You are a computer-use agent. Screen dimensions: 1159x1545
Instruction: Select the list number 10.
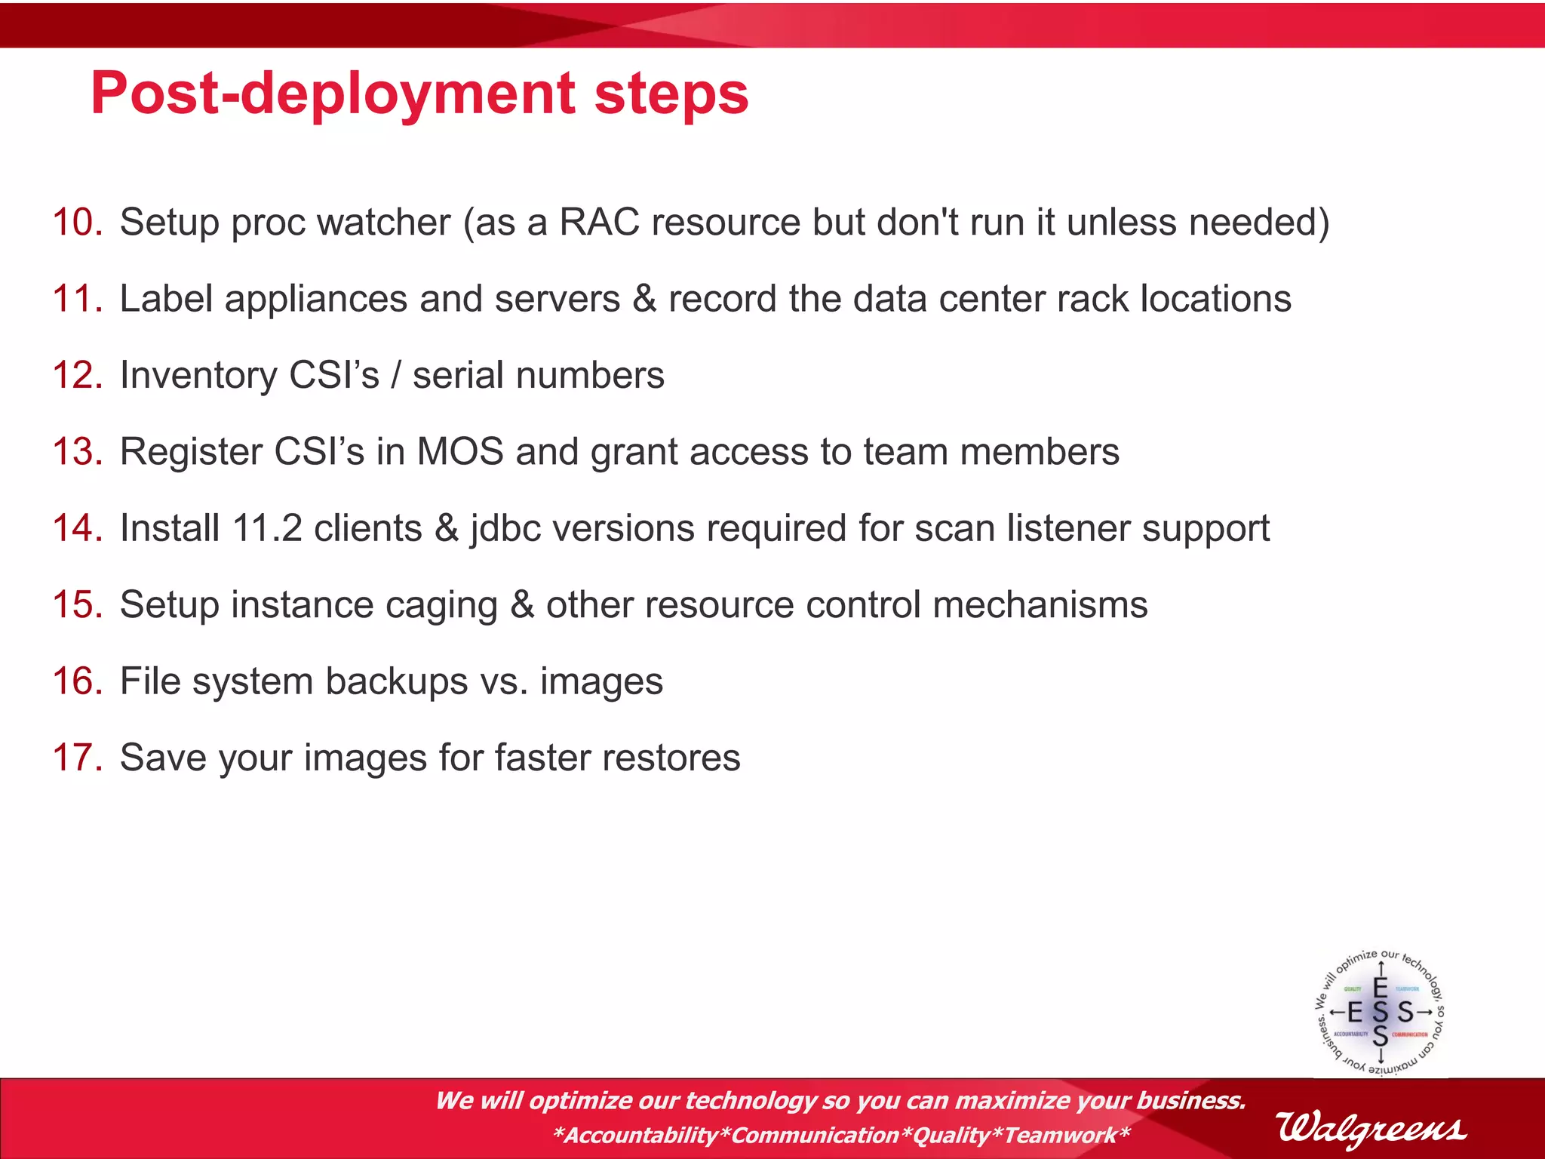(x=77, y=223)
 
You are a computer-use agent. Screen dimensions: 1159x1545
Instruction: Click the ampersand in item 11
(x=643, y=299)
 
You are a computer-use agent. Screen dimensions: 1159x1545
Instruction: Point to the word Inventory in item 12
(x=198, y=376)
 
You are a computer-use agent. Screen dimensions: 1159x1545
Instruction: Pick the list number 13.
(x=77, y=452)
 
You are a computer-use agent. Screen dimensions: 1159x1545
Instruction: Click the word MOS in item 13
(x=460, y=452)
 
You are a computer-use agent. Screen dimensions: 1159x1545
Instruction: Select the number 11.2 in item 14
(x=267, y=528)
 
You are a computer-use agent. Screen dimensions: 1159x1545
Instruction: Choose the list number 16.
(x=77, y=681)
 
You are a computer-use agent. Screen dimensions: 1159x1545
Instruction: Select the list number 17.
(x=77, y=758)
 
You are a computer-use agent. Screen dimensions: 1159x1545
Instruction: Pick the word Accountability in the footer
(x=640, y=1136)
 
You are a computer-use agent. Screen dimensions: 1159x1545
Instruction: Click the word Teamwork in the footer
(x=1060, y=1136)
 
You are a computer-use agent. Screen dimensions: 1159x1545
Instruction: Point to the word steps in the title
(x=671, y=94)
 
